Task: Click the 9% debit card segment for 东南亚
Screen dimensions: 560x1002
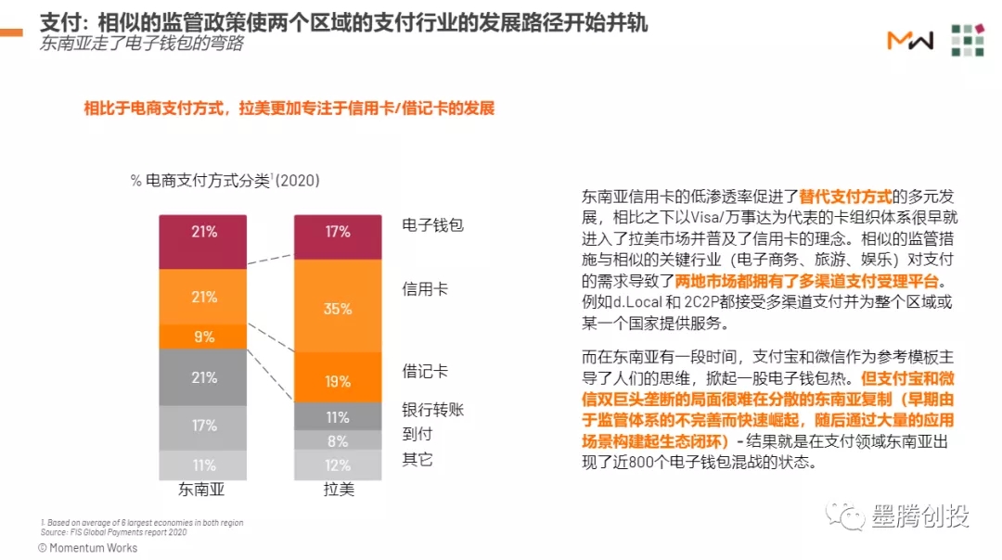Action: (x=203, y=337)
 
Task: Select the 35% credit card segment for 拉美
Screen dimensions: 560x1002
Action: (x=338, y=308)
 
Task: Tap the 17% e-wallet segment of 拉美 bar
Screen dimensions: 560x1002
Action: (x=338, y=233)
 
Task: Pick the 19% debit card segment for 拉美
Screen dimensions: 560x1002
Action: (x=338, y=380)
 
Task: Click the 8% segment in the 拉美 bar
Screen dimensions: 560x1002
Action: (x=338, y=441)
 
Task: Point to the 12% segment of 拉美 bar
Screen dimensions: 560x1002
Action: (x=338, y=465)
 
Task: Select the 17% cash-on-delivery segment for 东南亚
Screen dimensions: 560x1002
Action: (x=203, y=426)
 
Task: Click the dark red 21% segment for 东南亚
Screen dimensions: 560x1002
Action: (x=203, y=232)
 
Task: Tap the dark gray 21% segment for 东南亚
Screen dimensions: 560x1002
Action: (x=203, y=377)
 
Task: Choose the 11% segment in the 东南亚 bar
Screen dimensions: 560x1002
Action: (x=203, y=465)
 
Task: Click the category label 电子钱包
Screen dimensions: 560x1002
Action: (x=432, y=225)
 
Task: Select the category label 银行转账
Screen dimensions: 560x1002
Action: (x=432, y=409)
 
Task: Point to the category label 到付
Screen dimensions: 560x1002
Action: (x=417, y=433)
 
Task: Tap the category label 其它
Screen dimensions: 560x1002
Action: (x=417, y=459)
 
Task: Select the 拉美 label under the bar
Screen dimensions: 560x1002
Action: (x=338, y=490)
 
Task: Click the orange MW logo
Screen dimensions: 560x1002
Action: (x=909, y=39)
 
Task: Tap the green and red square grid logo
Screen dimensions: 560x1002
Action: (x=967, y=39)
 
